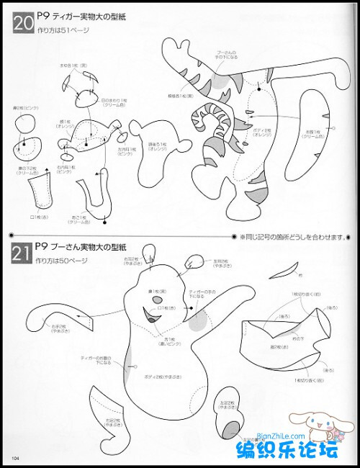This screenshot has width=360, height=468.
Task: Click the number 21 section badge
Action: click(22, 251)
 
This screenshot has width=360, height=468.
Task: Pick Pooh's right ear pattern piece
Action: click(149, 252)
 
